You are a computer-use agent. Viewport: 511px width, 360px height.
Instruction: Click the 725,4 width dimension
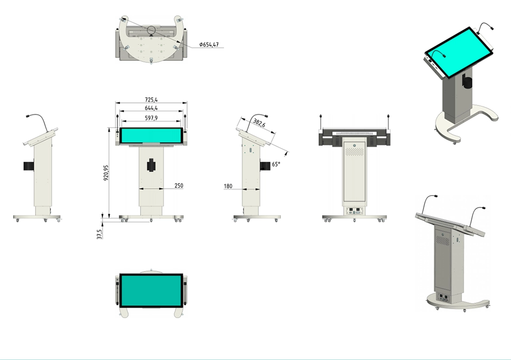tap(151, 99)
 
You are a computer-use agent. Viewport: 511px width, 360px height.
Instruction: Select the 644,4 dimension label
tap(151, 108)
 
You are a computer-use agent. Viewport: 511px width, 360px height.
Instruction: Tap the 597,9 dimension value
tap(151, 118)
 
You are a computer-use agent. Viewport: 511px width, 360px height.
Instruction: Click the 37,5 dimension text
tap(99, 233)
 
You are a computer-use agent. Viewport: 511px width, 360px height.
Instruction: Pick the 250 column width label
tap(178, 185)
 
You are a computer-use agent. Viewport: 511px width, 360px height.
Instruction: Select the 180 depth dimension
tap(228, 186)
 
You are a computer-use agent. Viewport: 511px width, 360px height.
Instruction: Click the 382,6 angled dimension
tap(259, 124)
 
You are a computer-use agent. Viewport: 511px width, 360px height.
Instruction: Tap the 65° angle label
tap(276, 164)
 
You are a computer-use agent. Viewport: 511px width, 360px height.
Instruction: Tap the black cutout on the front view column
tap(151, 165)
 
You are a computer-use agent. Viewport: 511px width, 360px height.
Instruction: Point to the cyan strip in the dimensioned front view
tap(151, 136)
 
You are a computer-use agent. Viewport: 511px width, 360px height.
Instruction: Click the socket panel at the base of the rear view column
tap(355, 210)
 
